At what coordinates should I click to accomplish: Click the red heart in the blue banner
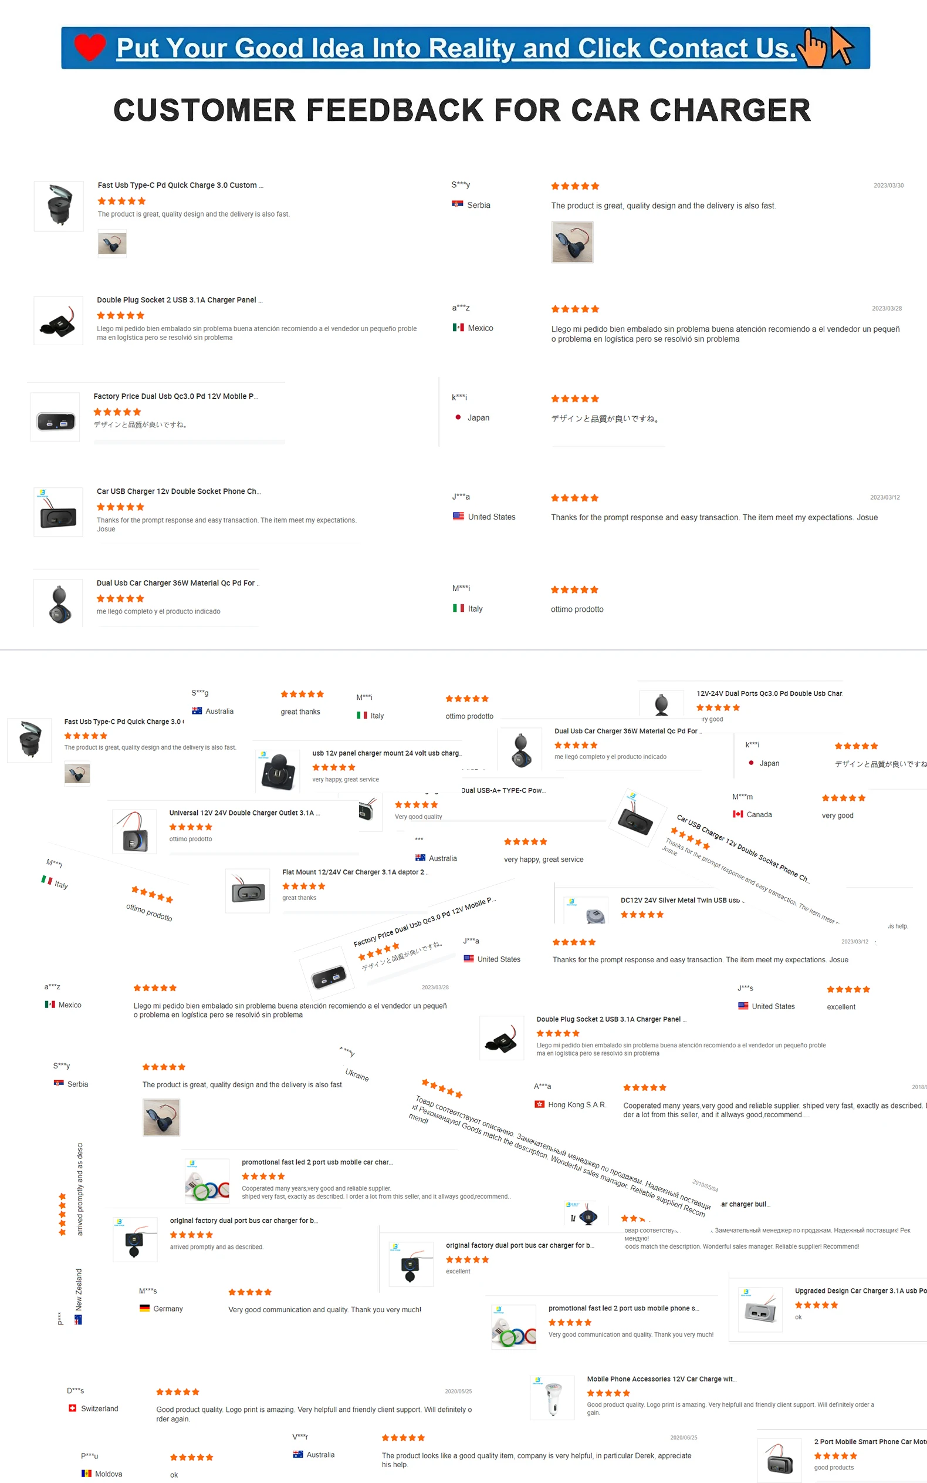90,47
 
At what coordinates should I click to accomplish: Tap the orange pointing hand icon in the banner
814,48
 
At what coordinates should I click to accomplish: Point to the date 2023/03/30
888,185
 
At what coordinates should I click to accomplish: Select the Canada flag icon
737,814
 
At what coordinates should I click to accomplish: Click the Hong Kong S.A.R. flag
540,1104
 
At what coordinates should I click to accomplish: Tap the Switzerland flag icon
72,1408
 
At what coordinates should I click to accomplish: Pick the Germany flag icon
144,1308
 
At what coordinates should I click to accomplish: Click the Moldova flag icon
86,1473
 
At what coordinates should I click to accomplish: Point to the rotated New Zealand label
79,1289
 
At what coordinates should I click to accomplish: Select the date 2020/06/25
684,1437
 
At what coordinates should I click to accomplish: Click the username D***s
76,1390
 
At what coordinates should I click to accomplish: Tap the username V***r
300,1437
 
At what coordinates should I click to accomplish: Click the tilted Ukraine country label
357,1074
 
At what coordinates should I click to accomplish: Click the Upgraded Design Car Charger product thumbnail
760,1310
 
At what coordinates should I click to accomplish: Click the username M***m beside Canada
742,797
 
